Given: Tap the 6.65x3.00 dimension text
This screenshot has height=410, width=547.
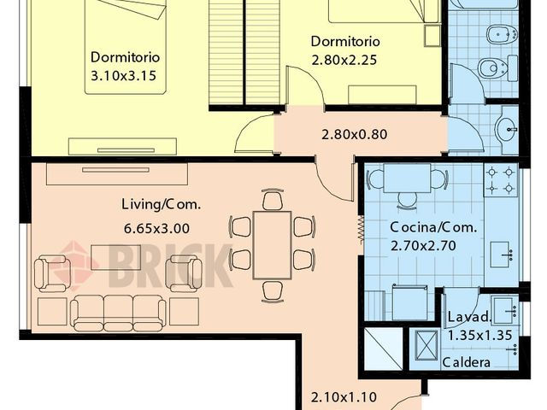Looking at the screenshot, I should pos(156,228).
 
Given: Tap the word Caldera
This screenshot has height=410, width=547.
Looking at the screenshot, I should pos(467,362).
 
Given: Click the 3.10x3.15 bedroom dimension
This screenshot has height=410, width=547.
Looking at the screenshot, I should pos(126,76).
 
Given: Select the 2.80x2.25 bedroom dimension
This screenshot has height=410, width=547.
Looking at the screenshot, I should pos(344,61).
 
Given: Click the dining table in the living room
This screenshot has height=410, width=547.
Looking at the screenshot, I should pos(273,244).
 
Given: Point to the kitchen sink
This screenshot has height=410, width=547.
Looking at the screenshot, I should pos(501,254).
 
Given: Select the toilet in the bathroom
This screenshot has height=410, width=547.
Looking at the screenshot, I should pos(495,68).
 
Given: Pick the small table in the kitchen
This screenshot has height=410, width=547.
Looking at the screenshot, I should pos(407,179).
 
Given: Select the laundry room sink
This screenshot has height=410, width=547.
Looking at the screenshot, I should pos(504,309).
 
